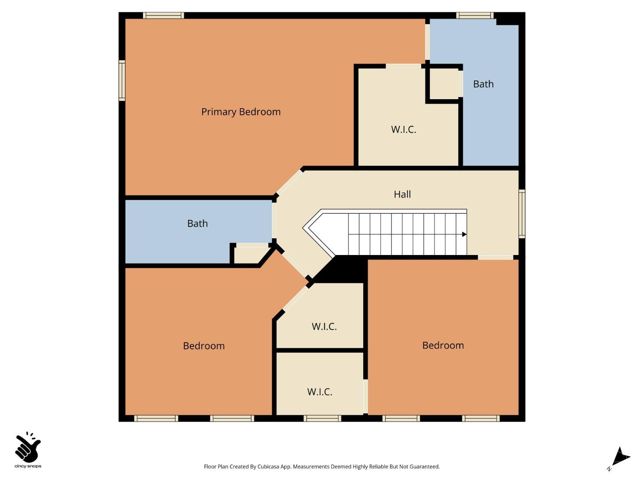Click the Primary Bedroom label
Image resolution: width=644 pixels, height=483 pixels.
point(241,112)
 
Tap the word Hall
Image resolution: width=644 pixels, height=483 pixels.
point(402,194)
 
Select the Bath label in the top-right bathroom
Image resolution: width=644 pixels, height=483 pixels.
point(483,84)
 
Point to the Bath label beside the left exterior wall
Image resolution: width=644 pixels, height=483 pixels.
point(197,224)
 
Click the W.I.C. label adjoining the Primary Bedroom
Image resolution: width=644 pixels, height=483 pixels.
point(404,130)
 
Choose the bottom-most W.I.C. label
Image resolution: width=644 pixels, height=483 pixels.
point(320,392)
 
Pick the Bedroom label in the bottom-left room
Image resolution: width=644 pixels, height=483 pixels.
point(204,346)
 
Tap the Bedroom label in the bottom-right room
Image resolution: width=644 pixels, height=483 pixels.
point(443,346)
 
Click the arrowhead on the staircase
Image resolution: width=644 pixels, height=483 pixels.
point(464,234)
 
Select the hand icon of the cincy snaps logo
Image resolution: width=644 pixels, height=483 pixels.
point(27,447)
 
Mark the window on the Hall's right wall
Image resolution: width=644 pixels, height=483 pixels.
point(522,214)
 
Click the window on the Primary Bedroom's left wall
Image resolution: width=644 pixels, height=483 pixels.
point(122,81)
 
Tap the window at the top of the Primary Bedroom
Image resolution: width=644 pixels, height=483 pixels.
point(163,15)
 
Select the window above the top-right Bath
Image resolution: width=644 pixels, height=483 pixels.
point(474,15)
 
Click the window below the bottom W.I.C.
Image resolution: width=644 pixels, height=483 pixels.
point(322,418)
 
